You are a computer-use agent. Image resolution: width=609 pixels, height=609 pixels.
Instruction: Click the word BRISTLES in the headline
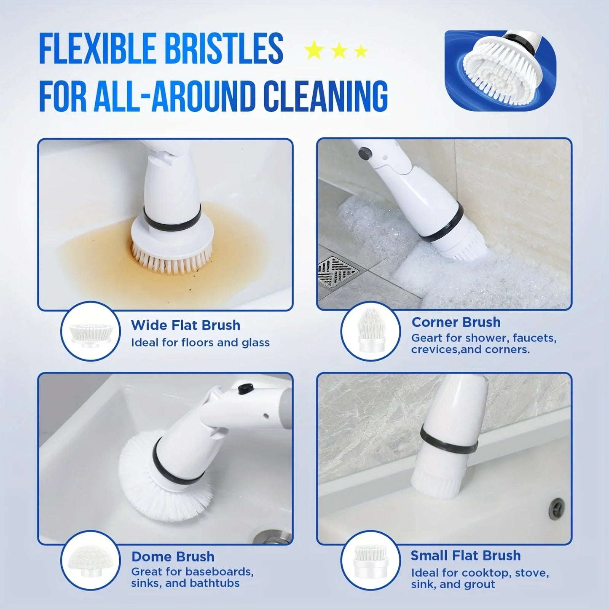(223, 49)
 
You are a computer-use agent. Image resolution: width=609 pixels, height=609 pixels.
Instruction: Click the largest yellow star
(314, 51)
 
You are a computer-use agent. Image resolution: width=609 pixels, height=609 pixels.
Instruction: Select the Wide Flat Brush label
(185, 325)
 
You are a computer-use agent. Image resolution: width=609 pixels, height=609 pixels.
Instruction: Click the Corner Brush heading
(456, 322)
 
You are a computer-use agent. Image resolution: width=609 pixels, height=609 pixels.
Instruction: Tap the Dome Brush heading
(173, 557)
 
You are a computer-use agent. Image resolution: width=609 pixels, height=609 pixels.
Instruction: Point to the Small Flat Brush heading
(466, 555)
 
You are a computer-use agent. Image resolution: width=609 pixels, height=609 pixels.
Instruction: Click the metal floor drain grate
(337, 271)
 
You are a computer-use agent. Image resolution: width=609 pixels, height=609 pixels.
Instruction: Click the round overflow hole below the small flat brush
(558, 504)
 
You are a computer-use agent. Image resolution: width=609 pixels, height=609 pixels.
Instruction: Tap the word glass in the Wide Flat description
(255, 343)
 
